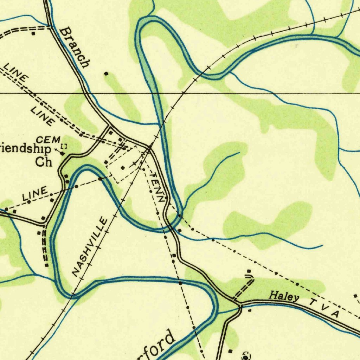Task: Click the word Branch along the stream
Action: (x=75, y=48)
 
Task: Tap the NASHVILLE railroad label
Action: (x=90, y=246)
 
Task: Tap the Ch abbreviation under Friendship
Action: (x=44, y=162)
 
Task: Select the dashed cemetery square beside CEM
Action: (x=64, y=146)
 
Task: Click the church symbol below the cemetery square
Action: (x=63, y=154)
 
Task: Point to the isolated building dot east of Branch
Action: (x=106, y=74)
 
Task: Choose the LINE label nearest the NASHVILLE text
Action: (x=35, y=194)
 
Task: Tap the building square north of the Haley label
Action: (x=249, y=271)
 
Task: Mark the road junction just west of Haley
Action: (x=238, y=302)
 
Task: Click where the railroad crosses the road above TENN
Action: (x=149, y=148)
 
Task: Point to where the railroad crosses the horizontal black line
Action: (x=183, y=93)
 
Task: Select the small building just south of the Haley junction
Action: (x=250, y=310)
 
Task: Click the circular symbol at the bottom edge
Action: (x=246, y=356)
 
